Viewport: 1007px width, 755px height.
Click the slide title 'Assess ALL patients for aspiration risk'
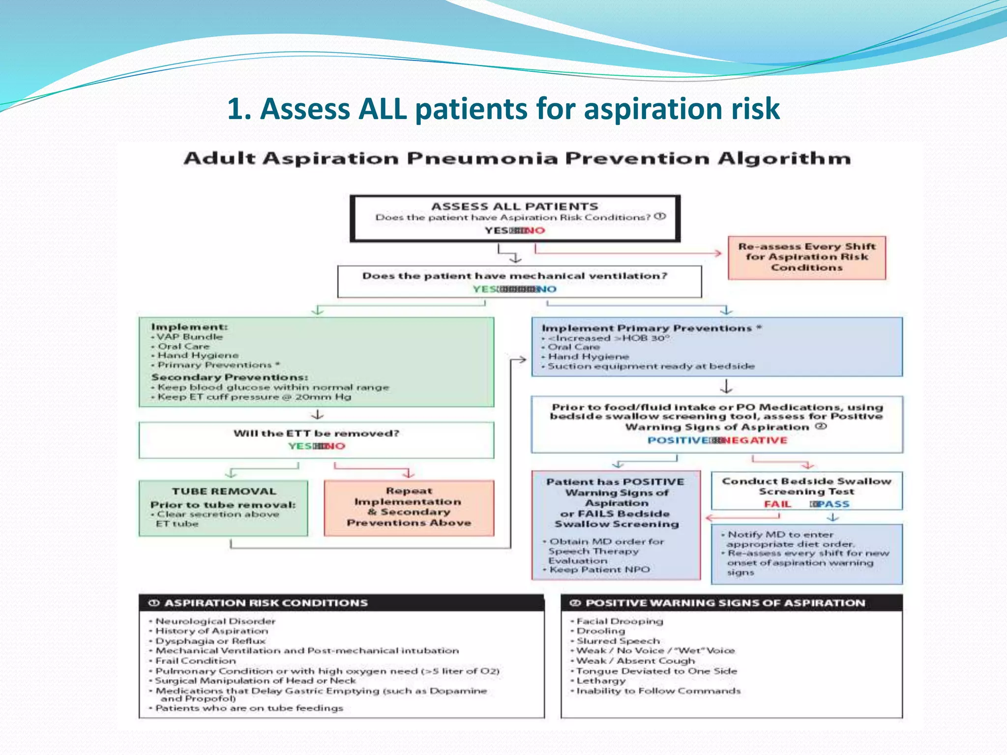pyautogui.click(x=503, y=109)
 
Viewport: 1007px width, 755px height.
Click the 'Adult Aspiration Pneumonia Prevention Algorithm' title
pyautogui.click(x=517, y=159)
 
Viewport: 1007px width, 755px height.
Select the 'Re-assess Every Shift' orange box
pyautogui.click(x=806, y=257)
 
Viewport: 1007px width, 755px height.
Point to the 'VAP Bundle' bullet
pyautogui.click(x=189, y=337)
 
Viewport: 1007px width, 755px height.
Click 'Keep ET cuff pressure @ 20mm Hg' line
pyautogui.click(x=254, y=397)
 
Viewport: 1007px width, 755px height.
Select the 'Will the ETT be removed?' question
pyautogui.click(x=316, y=433)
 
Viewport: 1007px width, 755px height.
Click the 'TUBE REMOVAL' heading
pyautogui.click(x=224, y=491)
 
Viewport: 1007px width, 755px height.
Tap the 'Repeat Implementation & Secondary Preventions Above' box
pyautogui.click(x=409, y=507)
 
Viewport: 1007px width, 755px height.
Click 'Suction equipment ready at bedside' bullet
pyautogui.click(x=651, y=366)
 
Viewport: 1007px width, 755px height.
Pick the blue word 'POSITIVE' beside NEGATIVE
pyautogui.click(x=678, y=440)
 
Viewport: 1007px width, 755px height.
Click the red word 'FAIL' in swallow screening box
pyautogui.click(x=777, y=504)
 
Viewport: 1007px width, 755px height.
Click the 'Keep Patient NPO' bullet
pyautogui.click(x=599, y=570)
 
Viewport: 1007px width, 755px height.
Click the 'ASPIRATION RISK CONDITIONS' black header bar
pyautogui.click(x=341, y=603)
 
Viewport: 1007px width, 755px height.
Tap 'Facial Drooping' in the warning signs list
pyautogui.click(x=620, y=621)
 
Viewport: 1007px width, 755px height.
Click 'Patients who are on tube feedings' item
pyautogui.click(x=249, y=708)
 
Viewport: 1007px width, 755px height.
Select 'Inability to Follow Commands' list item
pyautogui.click(x=658, y=691)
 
